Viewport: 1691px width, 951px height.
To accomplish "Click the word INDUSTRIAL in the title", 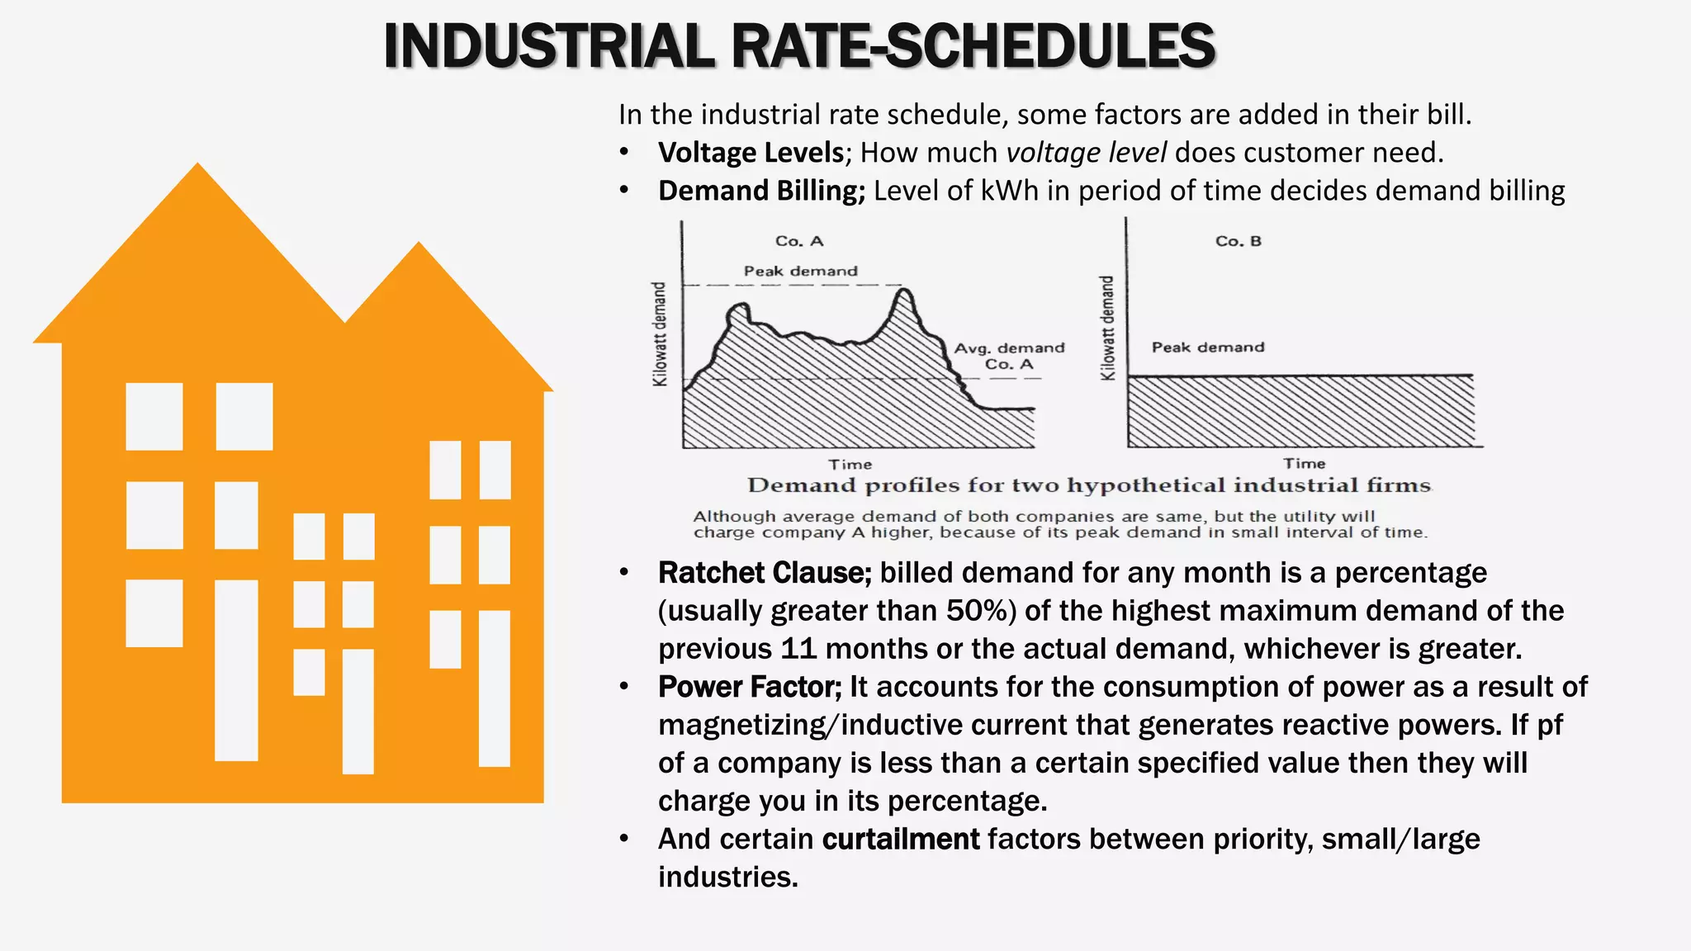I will (548, 46).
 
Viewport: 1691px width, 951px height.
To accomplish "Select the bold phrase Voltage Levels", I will (751, 153).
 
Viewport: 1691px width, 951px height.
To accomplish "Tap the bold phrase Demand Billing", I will (760, 191).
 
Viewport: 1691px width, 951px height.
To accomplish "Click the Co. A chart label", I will (798, 241).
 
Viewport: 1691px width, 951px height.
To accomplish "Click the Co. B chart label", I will (1238, 241).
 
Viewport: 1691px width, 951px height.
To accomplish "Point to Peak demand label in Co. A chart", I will (800, 271).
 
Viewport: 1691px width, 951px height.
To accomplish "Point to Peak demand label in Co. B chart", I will (1207, 348).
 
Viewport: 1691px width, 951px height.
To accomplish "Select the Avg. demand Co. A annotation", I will (1009, 356).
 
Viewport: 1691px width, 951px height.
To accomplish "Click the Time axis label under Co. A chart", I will (850, 465).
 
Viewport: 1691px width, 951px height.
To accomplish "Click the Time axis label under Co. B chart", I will (1304, 464).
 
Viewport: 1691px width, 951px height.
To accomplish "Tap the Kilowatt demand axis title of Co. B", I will (1107, 329).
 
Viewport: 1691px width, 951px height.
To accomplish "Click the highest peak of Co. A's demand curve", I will (906, 290).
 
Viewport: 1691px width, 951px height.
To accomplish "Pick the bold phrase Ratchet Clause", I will (764, 573).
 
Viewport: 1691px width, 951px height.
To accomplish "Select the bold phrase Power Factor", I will (749, 687).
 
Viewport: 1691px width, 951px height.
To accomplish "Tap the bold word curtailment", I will (900, 840).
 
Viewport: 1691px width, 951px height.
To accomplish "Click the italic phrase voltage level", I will (1086, 153).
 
